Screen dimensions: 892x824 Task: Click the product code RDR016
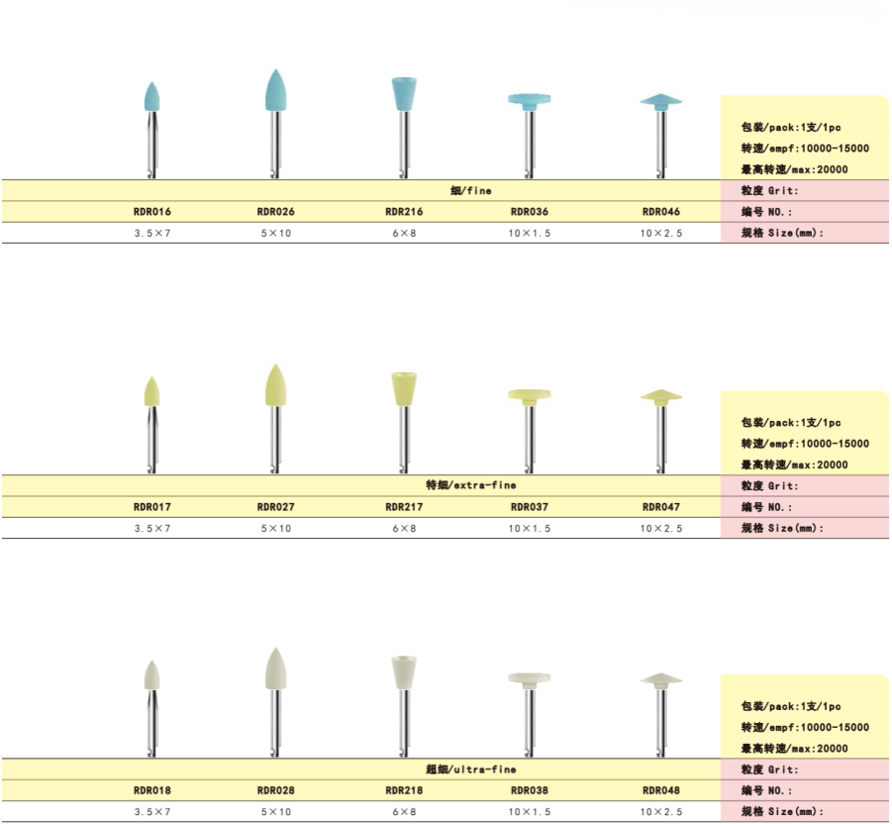point(151,212)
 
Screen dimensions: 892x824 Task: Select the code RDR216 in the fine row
point(404,212)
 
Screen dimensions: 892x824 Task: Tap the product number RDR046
point(661,212)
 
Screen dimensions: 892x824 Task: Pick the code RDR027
point(276,507)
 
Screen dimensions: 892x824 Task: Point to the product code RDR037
point(530,507)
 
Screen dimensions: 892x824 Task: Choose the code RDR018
point(151,790)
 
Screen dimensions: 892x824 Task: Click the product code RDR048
point(661,790)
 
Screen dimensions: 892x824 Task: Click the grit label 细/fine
point(471,190)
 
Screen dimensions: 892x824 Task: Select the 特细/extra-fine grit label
point(471,485)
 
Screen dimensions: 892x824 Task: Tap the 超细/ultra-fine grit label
point(471,770)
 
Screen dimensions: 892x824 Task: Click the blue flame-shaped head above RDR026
point(276,90)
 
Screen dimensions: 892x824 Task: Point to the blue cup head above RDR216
point(404,94)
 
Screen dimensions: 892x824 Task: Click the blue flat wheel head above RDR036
point(530,101)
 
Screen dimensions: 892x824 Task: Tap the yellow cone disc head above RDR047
point(661,396)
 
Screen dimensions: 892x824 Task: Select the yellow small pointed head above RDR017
point(151,391)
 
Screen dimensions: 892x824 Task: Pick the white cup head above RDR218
point(404,672)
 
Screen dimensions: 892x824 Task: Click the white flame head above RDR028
point(276,669)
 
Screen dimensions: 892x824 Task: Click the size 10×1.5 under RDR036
point(530,234)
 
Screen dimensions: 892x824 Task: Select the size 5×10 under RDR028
point(276,812)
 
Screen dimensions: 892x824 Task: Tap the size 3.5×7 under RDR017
point(151,529)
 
